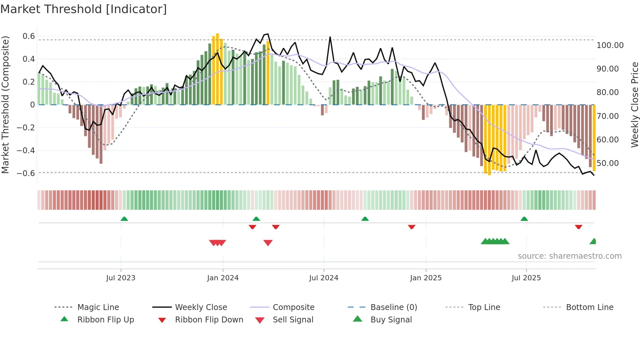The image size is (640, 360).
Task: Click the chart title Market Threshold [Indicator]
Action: coord(84,9)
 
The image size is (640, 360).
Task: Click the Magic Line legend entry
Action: coord(98,307)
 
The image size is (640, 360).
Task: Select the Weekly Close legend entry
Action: coord(201,307)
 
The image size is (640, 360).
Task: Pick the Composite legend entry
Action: coord(293,307)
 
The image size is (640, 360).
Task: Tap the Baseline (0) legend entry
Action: coord(393,307)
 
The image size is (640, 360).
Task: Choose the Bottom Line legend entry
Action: coord(589,307)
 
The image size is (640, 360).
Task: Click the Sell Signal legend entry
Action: coord(293,319)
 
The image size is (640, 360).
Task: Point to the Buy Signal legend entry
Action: coord(391,319)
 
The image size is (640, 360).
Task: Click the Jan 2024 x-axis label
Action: coord(223,278)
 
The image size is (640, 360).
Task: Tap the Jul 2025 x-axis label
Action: coord(526,278)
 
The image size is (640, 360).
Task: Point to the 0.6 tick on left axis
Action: coord(29,36)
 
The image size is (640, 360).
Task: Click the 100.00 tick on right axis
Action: coord(610,45)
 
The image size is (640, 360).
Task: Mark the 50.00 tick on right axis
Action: coord(607,163)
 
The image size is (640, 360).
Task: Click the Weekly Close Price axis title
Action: coord(634,105)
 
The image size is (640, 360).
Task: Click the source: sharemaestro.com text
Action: coord(569,256)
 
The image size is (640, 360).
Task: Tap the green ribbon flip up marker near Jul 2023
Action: coord(124,219)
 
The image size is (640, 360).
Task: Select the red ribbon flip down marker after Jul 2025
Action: coord(579,227)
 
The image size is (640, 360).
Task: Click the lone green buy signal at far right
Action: coord(593,241)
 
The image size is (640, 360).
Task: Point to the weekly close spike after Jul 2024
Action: coord(330,37)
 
